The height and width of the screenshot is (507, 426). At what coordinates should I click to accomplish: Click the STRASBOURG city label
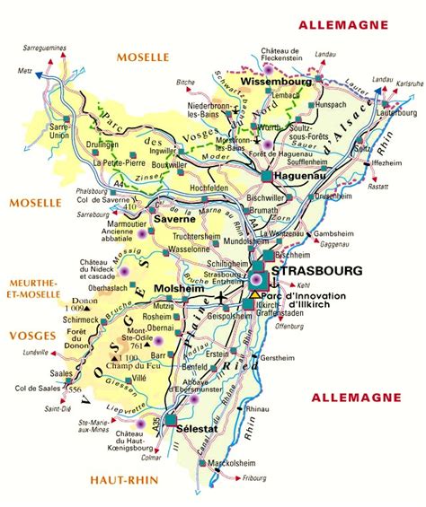coord(318,270)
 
